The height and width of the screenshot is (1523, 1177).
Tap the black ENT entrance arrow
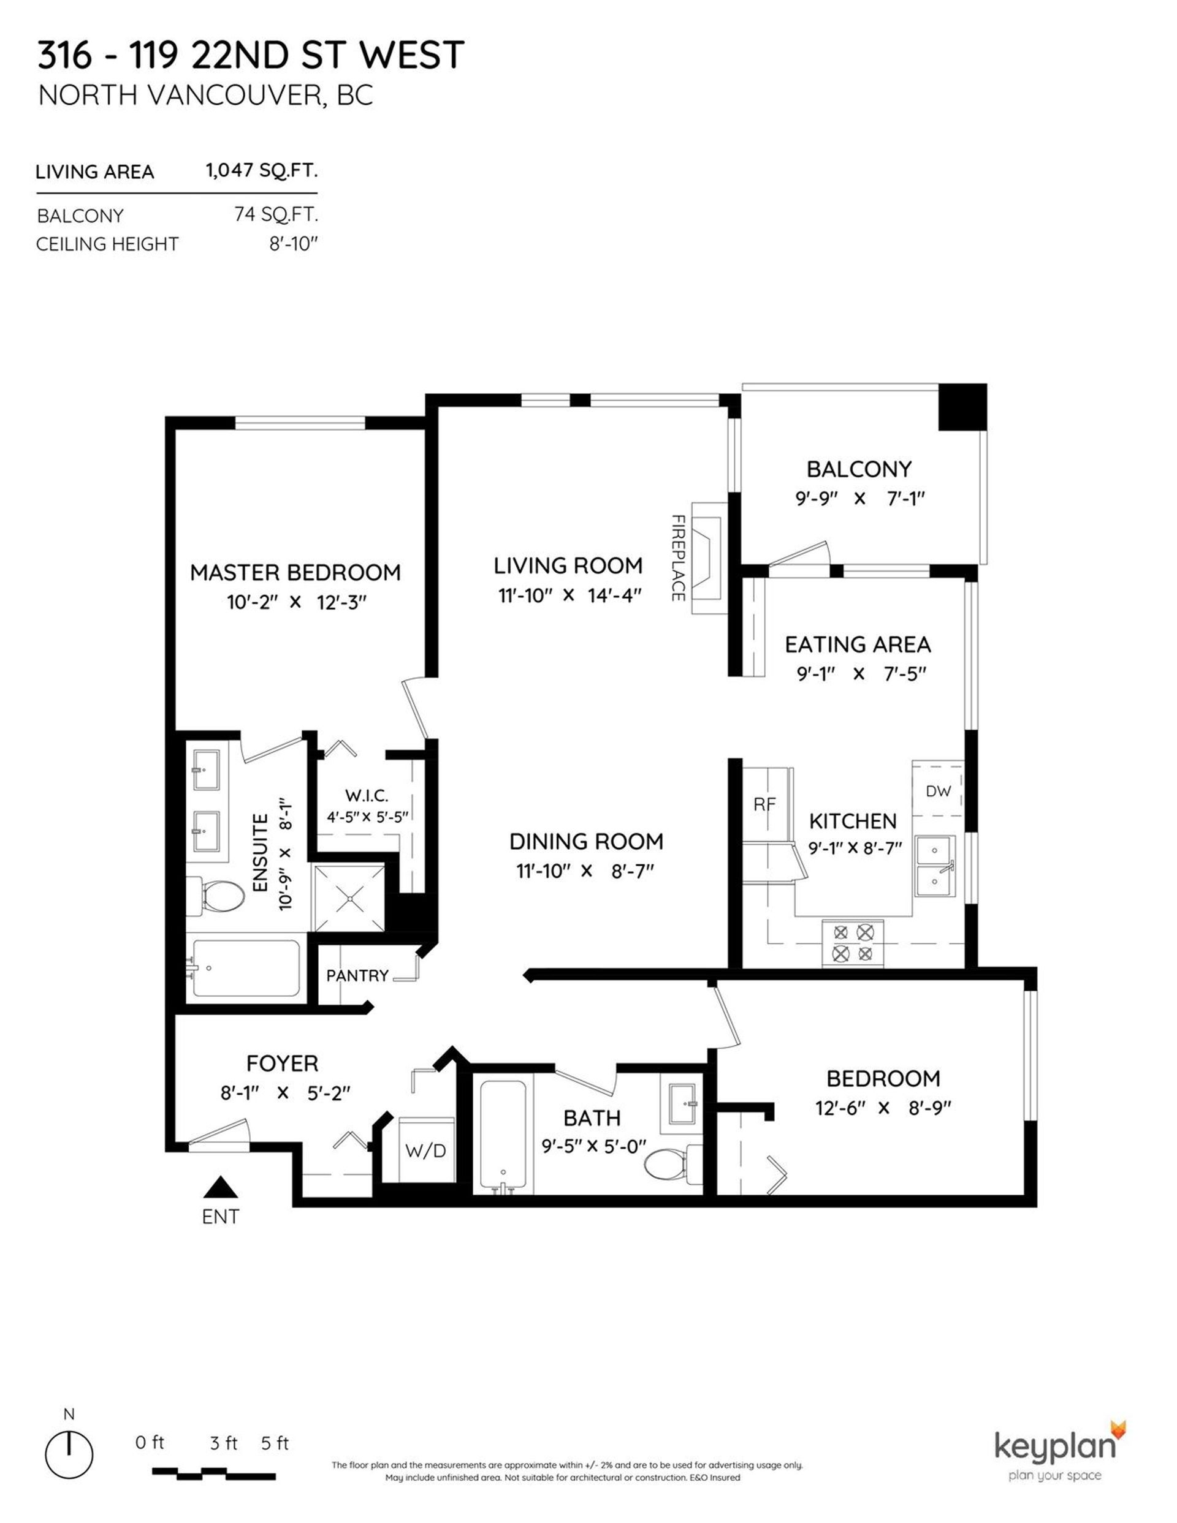[x=221, y=1187]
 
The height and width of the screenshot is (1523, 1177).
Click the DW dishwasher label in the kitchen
[x=939, y=791]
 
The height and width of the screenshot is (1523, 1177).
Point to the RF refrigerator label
[x=764, y=804]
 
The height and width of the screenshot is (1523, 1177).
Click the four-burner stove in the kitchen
[x=853, y=943]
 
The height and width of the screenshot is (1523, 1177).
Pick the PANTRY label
[x=357, y=975]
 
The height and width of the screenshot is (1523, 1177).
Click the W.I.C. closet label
[x=367, y=796]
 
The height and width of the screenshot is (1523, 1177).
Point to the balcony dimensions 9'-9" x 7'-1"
[x=859, y=499]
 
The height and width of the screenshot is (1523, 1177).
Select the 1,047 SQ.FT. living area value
[x=262, y=170]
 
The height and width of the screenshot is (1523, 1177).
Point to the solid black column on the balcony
[x=962, y=407]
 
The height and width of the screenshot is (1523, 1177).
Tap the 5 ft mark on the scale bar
[x=274, y=1443]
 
